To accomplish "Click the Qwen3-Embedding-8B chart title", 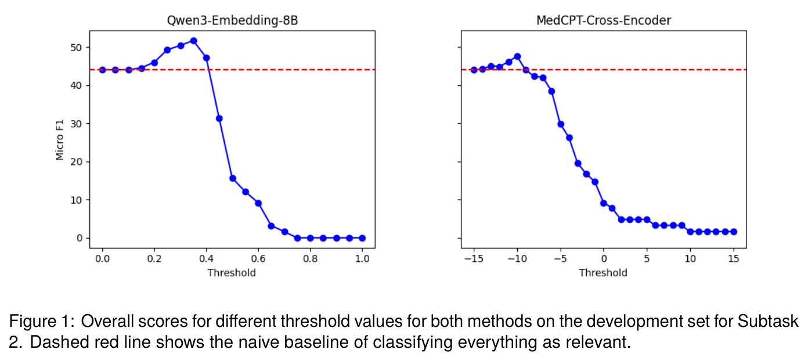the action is point(232,20).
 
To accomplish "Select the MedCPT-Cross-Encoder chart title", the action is point(604,20).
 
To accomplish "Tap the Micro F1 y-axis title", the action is point(60,139).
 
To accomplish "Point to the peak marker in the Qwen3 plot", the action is point(194,41).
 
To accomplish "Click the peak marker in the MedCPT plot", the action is point(517,56).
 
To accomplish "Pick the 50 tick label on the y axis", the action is point(76,48).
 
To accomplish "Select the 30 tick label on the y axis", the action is point(76,124).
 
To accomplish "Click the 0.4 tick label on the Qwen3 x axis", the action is point(206,258).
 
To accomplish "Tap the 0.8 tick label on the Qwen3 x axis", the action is point(310,258).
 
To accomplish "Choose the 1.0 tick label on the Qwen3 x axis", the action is point(362,258).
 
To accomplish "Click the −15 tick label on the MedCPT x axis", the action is point(474,258).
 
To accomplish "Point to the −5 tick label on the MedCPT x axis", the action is point(560,258).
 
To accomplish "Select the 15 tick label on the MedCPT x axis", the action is point(734,258).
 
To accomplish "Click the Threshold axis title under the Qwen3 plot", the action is point(232,273).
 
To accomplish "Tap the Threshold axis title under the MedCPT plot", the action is point(603,273).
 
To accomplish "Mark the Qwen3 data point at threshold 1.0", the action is point(362,238).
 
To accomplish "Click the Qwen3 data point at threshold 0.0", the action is point(102,70).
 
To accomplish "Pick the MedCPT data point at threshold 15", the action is point(734,232).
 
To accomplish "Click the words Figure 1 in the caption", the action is point(42,321).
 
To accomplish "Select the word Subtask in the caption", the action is point(768,321).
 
